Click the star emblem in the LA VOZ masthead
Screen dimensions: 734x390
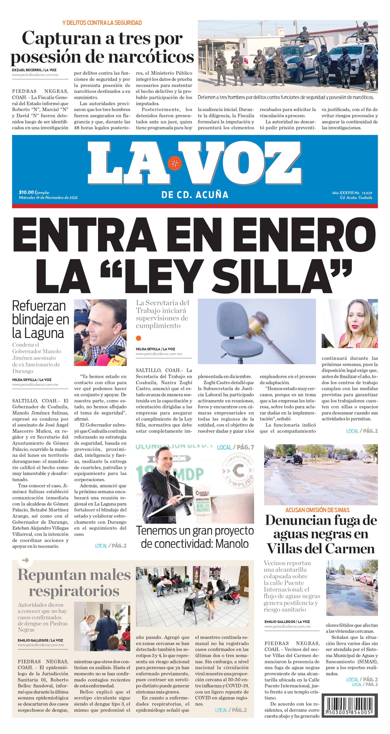(x=174, y=163)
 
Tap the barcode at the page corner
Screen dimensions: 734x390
(x=349, y=706)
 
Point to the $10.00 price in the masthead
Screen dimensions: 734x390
(x=26, y=192)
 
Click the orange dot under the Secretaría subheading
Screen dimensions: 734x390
(x=139, y=338)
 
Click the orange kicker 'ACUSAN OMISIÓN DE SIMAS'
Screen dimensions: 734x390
(x=317, y=510)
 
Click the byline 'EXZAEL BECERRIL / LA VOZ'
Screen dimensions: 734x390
(x=34, y=70)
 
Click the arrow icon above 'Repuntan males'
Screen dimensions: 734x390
(x=25, y=560)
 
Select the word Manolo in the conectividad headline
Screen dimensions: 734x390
(x=232, y=544)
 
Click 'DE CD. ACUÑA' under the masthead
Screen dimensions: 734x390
(x=195, y=195)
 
